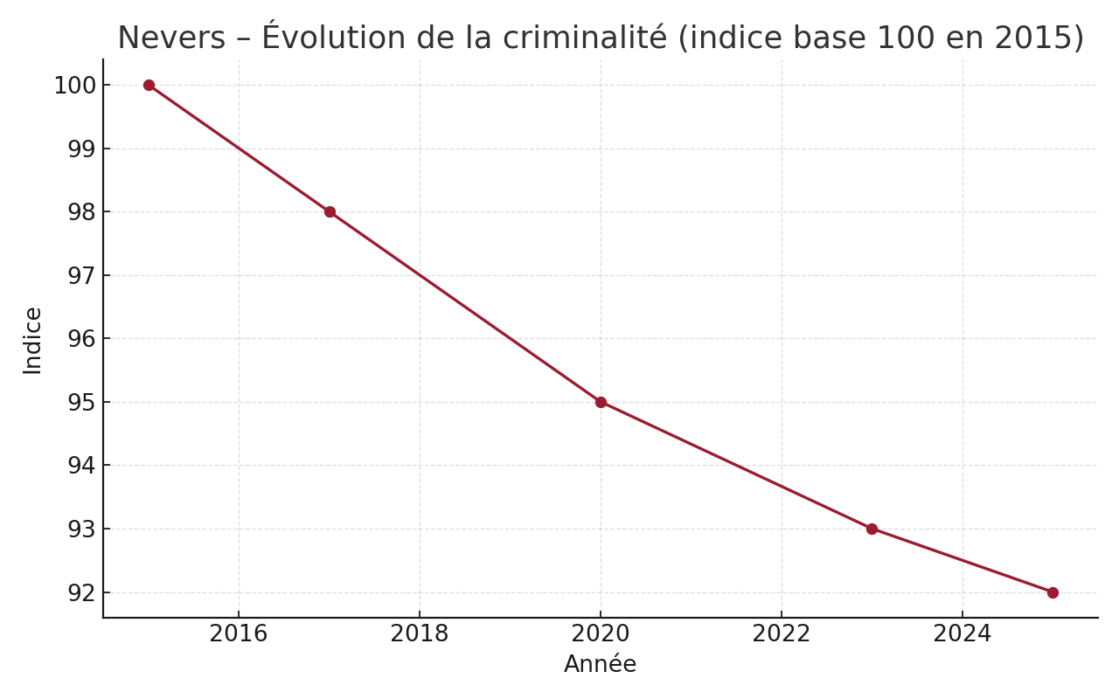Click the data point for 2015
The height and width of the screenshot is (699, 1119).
(x=149, y=85)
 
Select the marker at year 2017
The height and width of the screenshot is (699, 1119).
(x=330, y=211)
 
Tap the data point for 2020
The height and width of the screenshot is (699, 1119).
(x=601, y=402)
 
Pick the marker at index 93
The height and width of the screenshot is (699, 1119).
(x=872, y=529)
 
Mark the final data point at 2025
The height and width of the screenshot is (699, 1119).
(x=1053, y=592)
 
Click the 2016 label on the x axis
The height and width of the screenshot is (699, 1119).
(x=239, y=634)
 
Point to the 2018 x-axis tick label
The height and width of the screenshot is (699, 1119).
(x=420, y=634)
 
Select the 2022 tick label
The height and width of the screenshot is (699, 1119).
(x=782, y=634)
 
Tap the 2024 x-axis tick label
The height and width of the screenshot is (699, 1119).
(x=963, y=634)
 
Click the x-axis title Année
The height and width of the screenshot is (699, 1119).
(x=600, y=665)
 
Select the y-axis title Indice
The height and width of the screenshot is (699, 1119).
(x=33, y=340)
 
